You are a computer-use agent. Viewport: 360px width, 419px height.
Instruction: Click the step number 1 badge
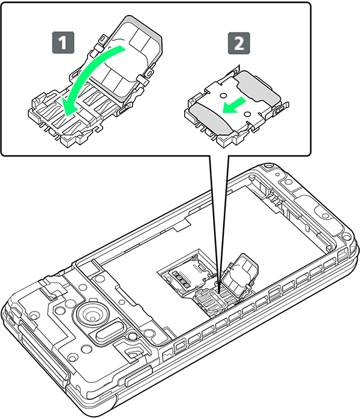(63, 43)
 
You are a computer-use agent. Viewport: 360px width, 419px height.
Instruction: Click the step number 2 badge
(239, 43)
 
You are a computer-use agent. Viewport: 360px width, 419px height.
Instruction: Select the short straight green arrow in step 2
(234, 106)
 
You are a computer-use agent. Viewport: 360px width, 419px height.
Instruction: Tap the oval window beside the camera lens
(110, 331)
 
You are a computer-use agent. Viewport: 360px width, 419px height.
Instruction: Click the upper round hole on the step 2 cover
(224, 95)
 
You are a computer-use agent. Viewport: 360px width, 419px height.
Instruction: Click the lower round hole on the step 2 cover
(248, 115)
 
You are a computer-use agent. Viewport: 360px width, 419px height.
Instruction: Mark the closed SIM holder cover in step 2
(236, 107)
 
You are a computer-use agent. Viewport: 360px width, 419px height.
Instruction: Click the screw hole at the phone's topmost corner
(267, 166)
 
